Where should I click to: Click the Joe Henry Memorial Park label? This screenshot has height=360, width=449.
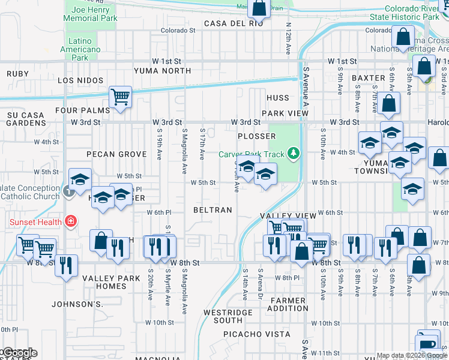(90, 14)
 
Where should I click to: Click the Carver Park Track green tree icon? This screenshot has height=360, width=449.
(294, 154)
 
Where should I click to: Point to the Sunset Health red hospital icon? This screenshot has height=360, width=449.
(71, 222)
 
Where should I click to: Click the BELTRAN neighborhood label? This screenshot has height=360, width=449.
(212, 210)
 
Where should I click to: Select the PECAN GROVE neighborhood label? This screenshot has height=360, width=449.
(116, 154)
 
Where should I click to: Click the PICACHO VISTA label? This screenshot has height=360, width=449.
(257, 334)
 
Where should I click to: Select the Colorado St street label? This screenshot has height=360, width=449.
(178, 31)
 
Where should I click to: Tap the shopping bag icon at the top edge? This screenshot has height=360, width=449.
(259, 8)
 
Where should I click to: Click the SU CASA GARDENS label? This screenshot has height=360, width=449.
(26, 118)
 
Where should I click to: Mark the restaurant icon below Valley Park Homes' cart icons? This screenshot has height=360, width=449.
(66, 264)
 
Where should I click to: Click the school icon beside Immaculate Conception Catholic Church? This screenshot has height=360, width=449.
(80, 179)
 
